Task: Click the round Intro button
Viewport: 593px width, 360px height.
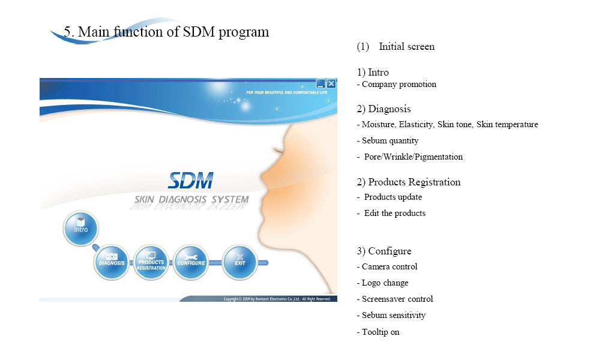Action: tap(80, 229)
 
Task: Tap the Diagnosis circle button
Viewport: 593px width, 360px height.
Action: tap(112, 262)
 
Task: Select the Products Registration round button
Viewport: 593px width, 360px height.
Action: tap(151, 262)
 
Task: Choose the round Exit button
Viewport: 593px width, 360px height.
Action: tap(239, 262)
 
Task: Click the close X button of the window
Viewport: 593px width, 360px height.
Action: tap(331, 83)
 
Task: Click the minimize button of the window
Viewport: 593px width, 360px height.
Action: tap(321, 83)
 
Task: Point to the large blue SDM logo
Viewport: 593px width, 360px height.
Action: tap(191, 181)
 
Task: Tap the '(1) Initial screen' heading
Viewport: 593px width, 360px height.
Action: tap(396, 47)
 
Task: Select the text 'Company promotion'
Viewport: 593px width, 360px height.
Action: tap(399, 85)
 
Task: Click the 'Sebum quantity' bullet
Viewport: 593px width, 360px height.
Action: tap(390, 140)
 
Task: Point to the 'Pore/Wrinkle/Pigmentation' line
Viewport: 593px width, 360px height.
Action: tap(414, 157)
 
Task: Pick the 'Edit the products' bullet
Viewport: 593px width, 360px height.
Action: tap(395, 213)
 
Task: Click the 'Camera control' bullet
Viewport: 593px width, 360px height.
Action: tap(390, 266)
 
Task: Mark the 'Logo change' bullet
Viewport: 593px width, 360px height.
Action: tap(385, 283)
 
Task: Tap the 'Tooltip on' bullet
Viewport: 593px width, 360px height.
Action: tap(381, 332)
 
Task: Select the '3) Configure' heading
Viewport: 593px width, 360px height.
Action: tap(384, 251)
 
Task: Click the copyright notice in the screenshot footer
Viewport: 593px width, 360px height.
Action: tap(277, 299)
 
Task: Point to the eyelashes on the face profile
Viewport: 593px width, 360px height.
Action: tap(279, 152)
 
